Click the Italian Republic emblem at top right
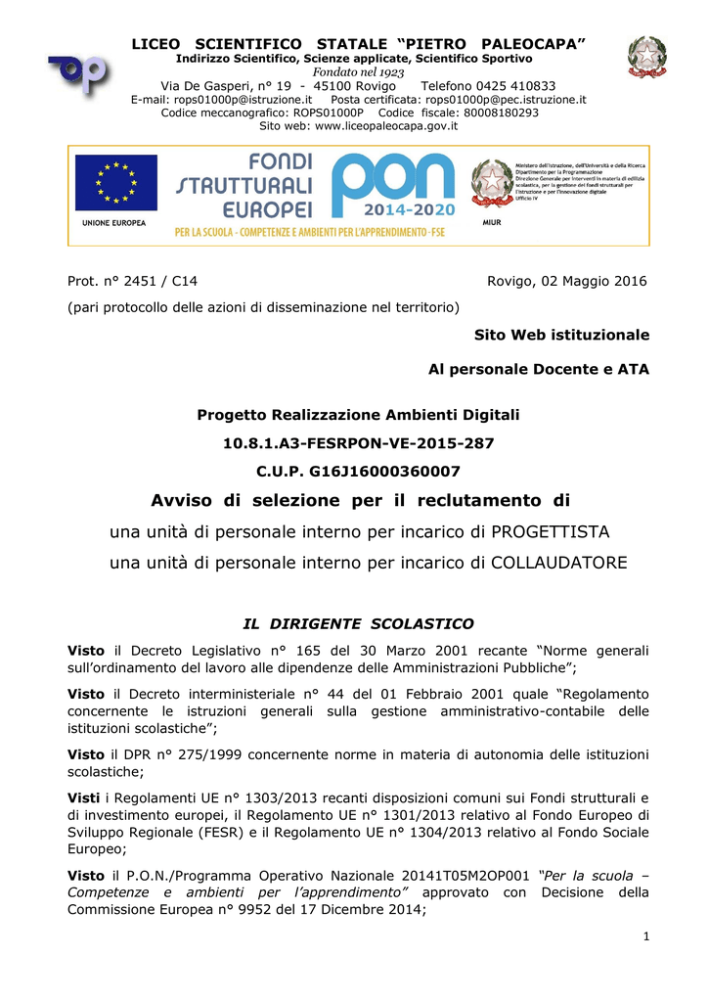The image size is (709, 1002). [646, 57]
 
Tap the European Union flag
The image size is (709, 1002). [116, 183]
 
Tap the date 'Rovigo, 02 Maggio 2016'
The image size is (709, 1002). [567, 282]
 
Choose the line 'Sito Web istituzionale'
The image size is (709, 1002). [561, 335]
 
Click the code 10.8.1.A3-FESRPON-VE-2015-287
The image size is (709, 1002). [358, 443]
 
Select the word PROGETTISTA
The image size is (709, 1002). [550, 531]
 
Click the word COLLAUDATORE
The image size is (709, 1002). [558, 563]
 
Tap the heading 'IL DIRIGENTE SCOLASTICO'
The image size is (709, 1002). [358, 623]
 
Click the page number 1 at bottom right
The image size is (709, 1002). [646, 938]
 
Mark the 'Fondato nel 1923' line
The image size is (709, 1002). [358, 72]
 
